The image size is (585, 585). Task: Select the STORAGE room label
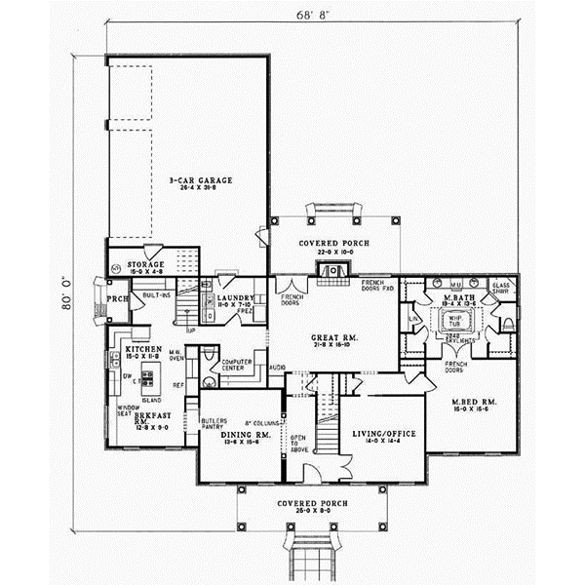(145, 264)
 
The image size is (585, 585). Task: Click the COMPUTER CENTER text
(237, 365)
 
